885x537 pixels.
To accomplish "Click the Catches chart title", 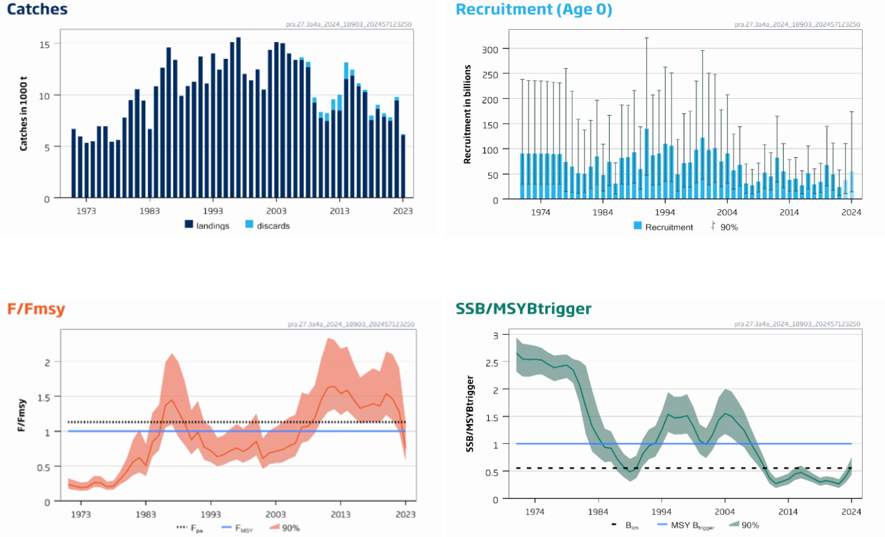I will pyautogui.click(x=37, y=9).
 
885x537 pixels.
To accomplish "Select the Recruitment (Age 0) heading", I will pyautogui.click(x=533, y=9).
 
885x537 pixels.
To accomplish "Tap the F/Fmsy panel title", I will pyautogui.click(x=36, y=309).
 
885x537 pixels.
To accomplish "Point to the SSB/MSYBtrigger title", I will pyautogui.click(x=523, y=309).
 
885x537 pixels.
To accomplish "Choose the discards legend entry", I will pyautogui.click(x=268, y=225).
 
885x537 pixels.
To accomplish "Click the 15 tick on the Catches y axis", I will pyautogui.click(x=45, y=44).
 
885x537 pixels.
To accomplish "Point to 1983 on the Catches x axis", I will pyautogui.click(x=150, y=211).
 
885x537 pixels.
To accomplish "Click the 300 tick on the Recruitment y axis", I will pyautogui.click(x=491, y=49).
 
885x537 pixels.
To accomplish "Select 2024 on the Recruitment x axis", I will pyautogui.click(x=851, y=212).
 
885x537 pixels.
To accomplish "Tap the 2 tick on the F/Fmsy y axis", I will pyautogui.click(x=47, y=362).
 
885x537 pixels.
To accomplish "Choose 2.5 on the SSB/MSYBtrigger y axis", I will pyautogui.click(x=491, y=363).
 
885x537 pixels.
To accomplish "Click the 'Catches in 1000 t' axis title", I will pyautogui.click(x=24, y=114).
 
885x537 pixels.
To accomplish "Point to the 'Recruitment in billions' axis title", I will pyautogui.click(x=468, y=114).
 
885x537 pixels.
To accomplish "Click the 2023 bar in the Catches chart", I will pyautogui.click(x=403, y=166).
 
